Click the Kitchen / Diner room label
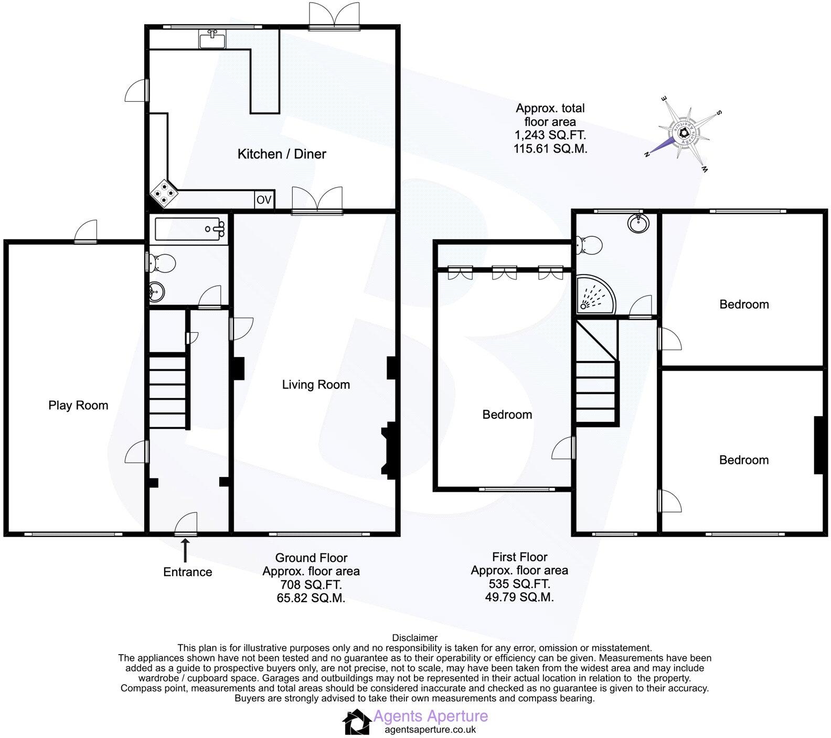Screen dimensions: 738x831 (x=282, y=154)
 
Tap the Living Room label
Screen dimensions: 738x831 (x=316, y=385)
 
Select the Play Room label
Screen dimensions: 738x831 (x=78, y=405)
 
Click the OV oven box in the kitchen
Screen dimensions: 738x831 (x=264, y=200)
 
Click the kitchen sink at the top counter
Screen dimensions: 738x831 (x=212, y=39)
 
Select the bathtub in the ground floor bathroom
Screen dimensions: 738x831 (x=189, y=229)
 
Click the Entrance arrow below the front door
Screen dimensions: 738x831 (x=185, y=550)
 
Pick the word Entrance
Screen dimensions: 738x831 (x=187, y=572)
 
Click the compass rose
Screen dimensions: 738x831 (x=684, y=134)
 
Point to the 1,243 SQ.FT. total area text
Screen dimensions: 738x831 (x=550, y=135)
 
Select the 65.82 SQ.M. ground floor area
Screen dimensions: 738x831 (x=311, y=598)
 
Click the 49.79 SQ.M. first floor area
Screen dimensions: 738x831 (x=519, y=597)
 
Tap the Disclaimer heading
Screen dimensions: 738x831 (x=414, y=638)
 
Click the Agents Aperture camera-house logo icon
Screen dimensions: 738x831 (x=357, y=722)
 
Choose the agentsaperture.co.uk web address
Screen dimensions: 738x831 (x=430, y=730)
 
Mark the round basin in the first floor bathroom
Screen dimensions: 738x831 (x=638, y=223)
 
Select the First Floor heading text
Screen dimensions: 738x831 (x=519, y=557)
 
